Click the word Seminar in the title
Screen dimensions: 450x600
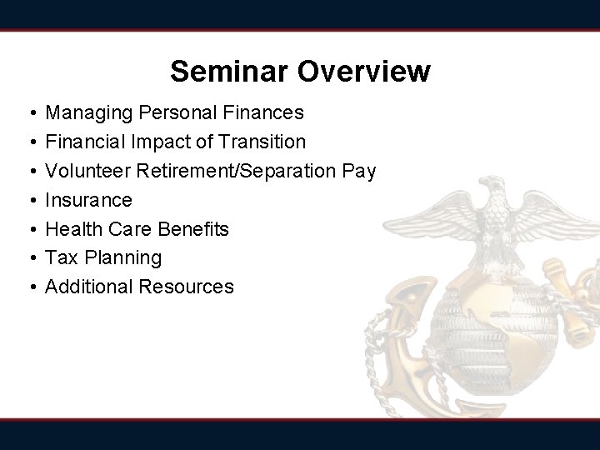[231, 72]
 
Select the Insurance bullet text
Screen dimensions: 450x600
[88, 200]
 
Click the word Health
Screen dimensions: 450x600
[72, 228]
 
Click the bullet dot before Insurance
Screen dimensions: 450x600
[29, 200]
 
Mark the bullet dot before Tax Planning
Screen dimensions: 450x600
[29, 257]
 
